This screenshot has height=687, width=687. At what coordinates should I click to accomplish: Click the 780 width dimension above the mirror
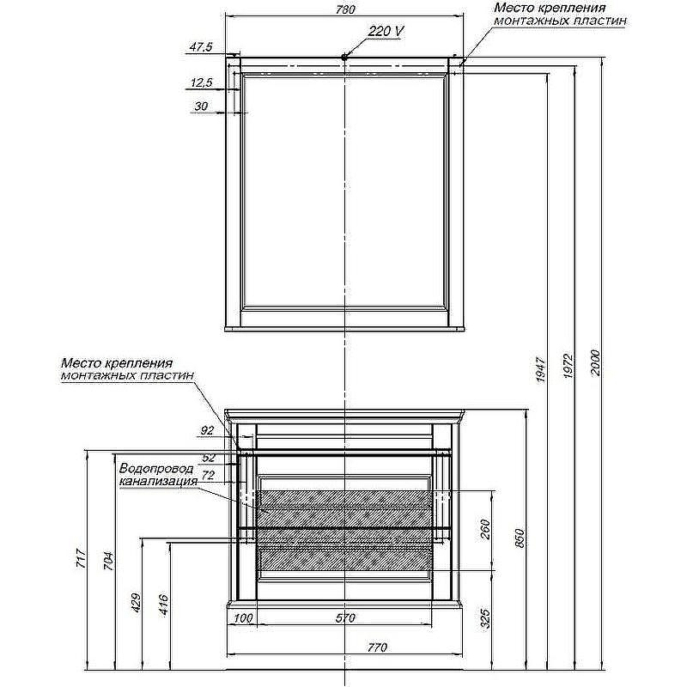point(345,9)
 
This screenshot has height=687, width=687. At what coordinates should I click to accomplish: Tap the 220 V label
point(386,32)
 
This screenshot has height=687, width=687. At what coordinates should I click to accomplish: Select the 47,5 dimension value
point(201,46)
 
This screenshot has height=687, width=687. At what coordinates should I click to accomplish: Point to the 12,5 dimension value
point(202,82)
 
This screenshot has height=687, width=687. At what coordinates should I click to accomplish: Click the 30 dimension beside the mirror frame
point(201,106)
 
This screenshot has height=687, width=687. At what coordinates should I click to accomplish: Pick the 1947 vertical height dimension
point(541,370)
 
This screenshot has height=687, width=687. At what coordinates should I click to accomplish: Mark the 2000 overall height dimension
point(595,362)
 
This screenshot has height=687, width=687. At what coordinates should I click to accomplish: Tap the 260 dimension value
point(485,529)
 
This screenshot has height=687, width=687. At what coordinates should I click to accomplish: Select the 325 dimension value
point(485,618)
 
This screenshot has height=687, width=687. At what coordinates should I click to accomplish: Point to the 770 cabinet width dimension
point(377,647)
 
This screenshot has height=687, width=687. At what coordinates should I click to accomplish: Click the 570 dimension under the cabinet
point(345,618)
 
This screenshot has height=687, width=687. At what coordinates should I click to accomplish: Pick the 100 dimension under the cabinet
point(243,618)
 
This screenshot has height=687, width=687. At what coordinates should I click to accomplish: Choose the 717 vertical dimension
point(82,559)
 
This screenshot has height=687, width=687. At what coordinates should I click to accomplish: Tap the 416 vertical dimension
point(164,605)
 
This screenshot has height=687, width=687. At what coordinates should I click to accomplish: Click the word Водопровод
point(156,468)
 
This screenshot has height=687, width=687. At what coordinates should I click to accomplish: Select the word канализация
point(159,481)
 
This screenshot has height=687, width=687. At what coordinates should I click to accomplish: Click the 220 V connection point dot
point(345,56)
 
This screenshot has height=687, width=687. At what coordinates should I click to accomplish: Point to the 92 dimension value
point(207,431)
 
